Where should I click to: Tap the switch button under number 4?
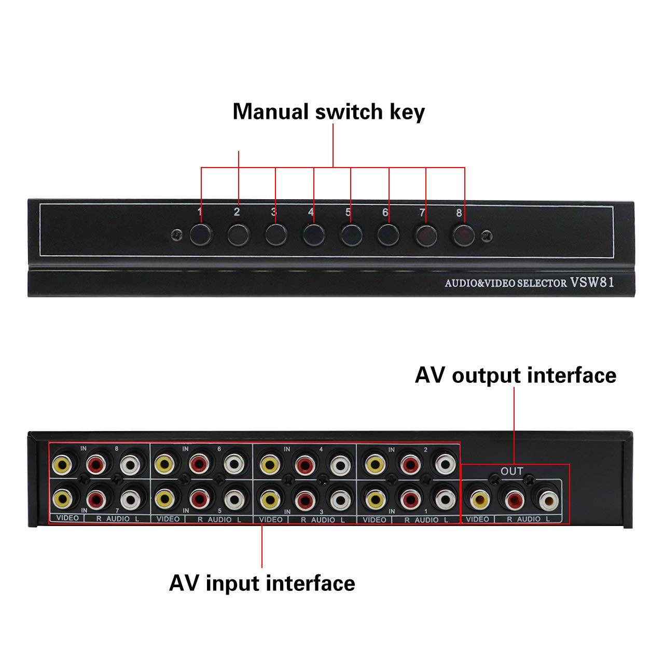coord(314,235)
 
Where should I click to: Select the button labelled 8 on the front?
coord(463,235)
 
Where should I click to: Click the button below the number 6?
coord(388,235)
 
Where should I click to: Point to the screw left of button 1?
coord(177,235)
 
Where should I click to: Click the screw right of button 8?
coord(487,237)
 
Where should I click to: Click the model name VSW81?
coord(592,282)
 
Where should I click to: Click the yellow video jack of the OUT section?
coord(479,500)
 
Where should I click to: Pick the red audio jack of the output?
coord(514,500)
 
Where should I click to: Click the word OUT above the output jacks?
coord(511,472)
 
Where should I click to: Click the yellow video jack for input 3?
coord(270,500)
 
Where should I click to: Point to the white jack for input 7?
coord(130,500)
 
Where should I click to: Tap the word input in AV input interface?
coord(232,583)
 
